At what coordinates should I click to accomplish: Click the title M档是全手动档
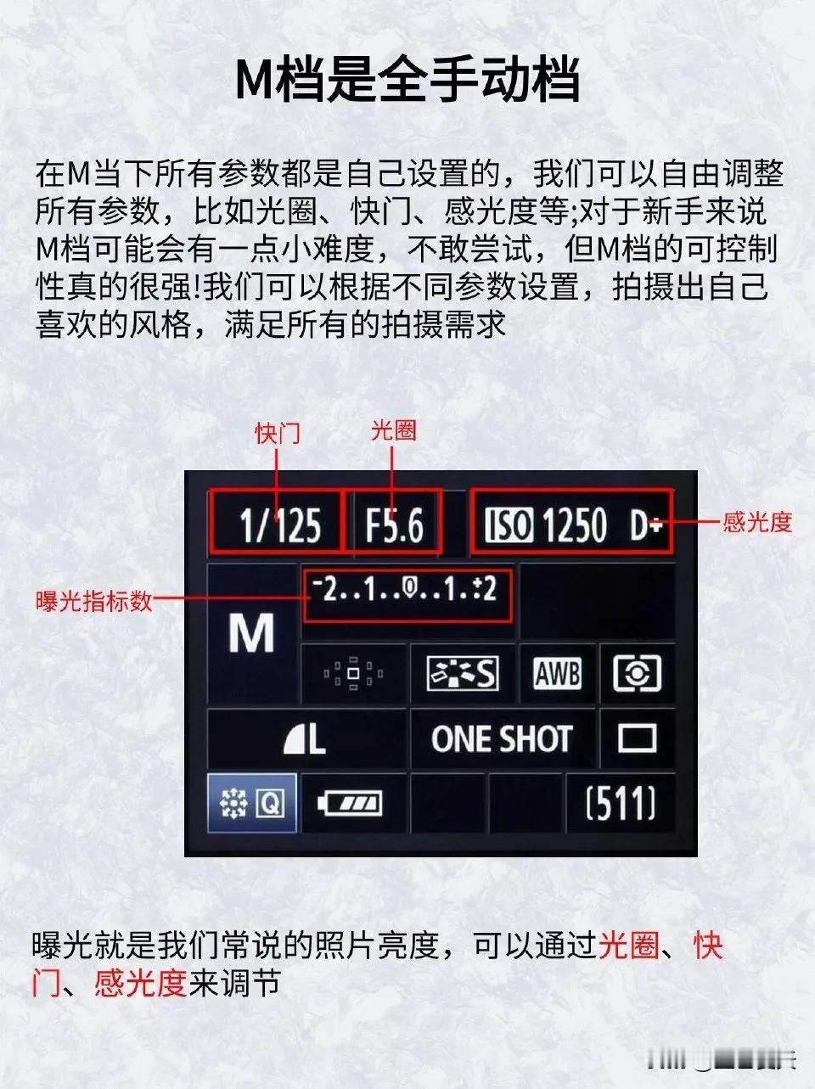click(407, 80)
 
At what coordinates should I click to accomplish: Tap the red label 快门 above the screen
click(278, 434)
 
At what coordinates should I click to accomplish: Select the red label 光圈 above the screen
click(393, 430)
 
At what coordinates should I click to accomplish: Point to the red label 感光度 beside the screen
click(757, 522)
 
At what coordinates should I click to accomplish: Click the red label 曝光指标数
click(93, 601)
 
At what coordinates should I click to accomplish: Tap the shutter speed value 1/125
click(280, 525)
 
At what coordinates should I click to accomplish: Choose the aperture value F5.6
click(395, 525)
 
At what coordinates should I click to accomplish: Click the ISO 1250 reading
click(546, 525)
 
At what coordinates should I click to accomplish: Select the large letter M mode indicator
click(251, 633)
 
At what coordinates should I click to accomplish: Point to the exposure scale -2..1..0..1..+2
click(405, 589)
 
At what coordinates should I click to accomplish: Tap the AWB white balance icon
click(558, 673)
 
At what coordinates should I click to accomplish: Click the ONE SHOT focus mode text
click(502, 738)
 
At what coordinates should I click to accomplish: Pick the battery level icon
click(351, 803)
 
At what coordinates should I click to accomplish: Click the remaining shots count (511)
click(621, 803)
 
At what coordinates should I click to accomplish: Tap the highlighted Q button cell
click(252, 803)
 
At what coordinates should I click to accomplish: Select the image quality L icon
click(304, 739)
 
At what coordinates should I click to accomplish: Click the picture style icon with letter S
click(463, 673)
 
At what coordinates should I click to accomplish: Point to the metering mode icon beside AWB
click(637, 673)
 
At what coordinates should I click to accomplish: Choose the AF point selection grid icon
click(353, 673)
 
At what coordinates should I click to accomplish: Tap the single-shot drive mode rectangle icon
click(638, 738)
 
